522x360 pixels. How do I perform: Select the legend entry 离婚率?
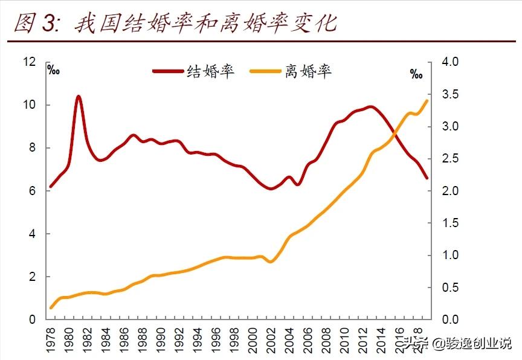(x=308, y=71)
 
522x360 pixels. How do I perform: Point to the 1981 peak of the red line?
(x=79, y=96)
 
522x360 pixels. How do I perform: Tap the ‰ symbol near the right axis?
(x=416, y=74)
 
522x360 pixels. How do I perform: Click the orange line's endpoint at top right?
(x=427, y=100)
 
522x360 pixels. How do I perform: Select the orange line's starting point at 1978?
(x=51, y=308)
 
